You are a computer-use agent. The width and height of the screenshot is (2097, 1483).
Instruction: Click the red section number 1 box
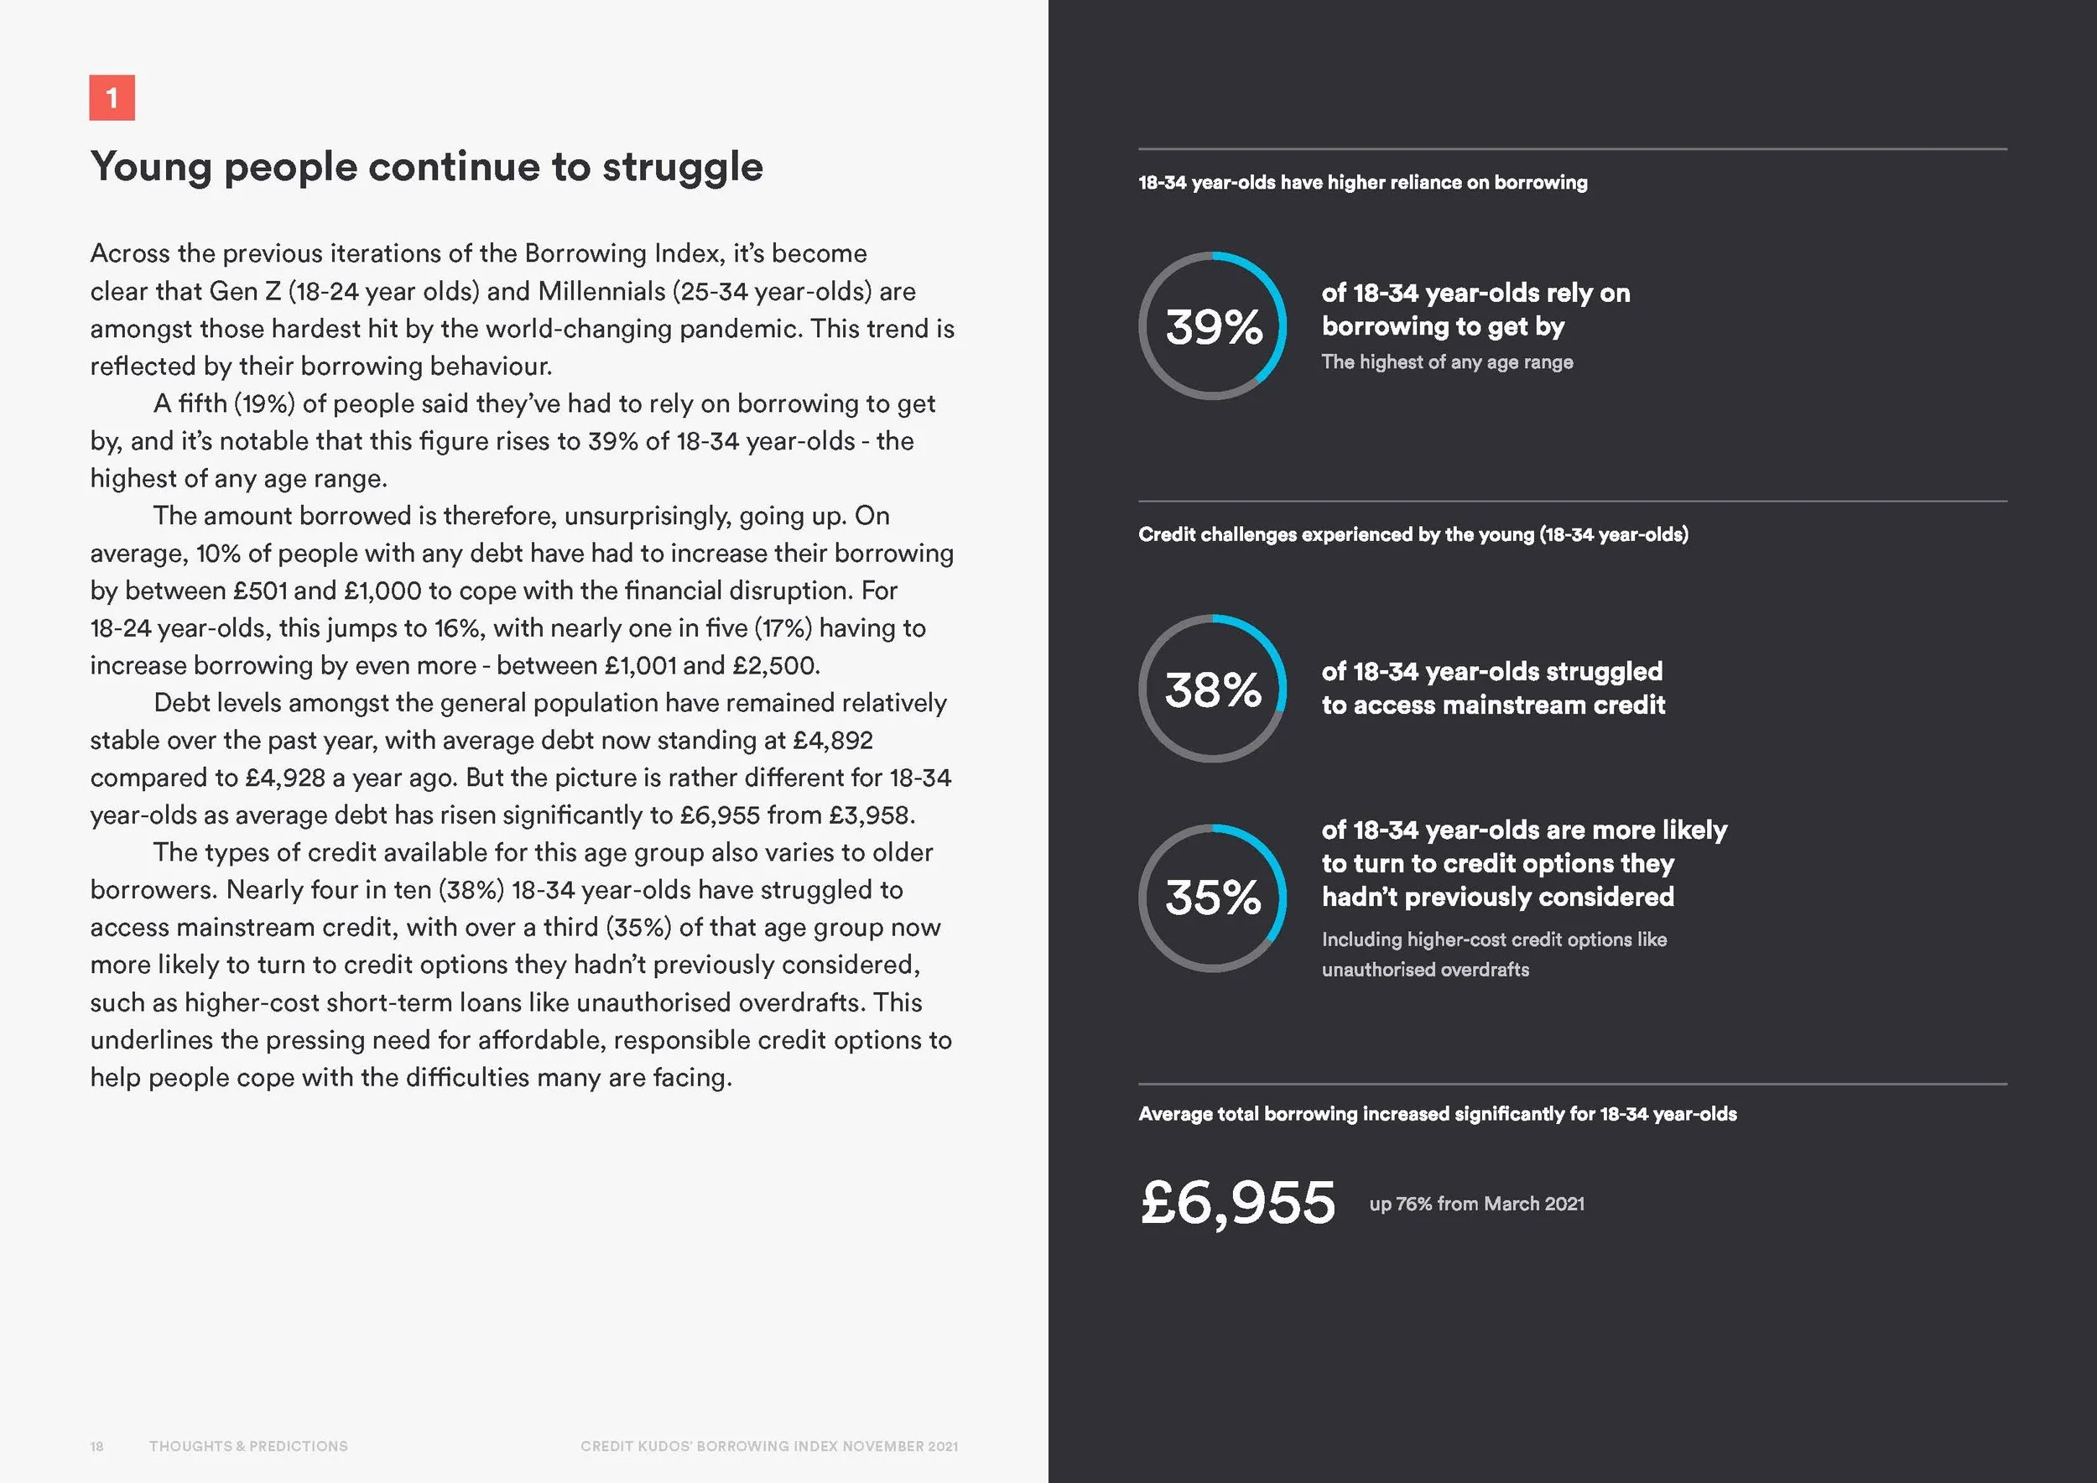pos(112,97)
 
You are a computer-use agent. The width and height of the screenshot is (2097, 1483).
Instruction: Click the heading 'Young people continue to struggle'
pos(425,166)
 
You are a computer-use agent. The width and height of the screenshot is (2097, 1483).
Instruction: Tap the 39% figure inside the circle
pos(1214,327)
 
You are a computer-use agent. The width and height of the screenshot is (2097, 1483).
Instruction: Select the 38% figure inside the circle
pos(1213,689)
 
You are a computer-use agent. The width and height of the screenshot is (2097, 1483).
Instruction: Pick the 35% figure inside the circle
pos(1213,898)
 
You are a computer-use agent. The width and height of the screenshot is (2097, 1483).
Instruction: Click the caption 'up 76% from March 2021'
pos(1476,1204)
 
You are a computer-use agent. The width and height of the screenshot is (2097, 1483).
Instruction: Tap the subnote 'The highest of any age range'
pos(1447,362)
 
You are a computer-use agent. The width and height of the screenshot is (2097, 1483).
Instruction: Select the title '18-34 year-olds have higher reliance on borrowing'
pos(1361,183)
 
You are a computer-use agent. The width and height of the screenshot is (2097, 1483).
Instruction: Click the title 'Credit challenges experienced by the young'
pos(1412,534)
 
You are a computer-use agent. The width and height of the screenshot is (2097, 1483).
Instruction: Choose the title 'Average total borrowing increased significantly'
pos(1437,1113)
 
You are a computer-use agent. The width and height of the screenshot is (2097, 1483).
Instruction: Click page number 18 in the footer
pos(96,1445)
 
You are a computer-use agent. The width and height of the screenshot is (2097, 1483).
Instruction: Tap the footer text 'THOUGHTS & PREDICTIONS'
pos(248,1445)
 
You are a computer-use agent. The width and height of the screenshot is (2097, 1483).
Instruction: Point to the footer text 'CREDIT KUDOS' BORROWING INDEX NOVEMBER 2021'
pos(769,1445)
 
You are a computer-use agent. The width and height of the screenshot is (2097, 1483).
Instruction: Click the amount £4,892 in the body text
pos(834,740)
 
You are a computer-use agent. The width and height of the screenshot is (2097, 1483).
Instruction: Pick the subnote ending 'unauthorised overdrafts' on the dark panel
pos(1493,955)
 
